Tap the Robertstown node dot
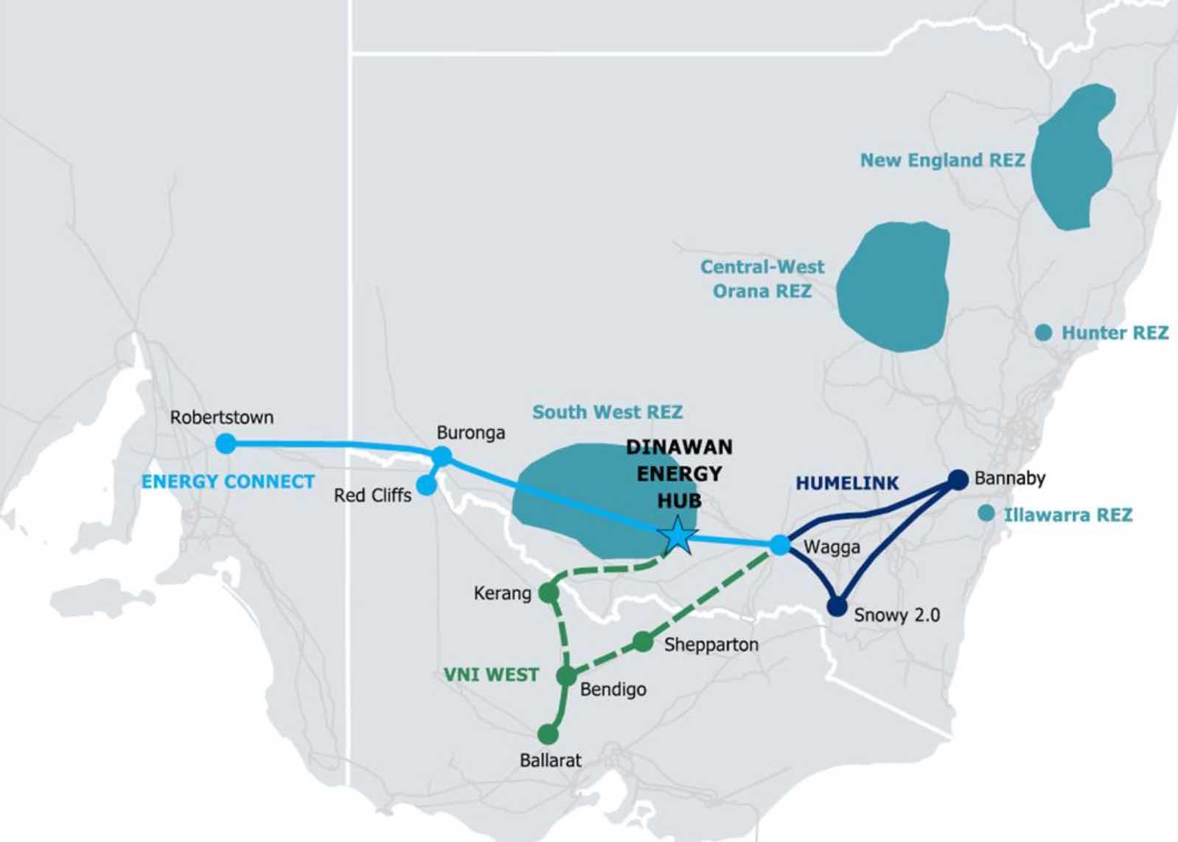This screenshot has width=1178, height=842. pos(226,444)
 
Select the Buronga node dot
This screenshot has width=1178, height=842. pos(441,456)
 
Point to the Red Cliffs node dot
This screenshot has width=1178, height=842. pos(426,485)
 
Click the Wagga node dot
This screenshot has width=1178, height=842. pos(779,545)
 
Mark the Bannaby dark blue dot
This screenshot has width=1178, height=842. pos(958,479)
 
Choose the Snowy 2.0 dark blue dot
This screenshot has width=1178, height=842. pos(837,606)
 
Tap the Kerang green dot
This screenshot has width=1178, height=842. pos(548,592)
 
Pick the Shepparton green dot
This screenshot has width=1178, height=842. pos(643,641)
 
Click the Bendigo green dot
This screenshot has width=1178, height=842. pos(566,675)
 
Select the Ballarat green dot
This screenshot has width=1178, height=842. pos(548,734)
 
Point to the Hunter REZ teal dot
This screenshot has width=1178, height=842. pos(1043,333)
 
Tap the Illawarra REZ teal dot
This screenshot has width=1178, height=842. pos(986,514)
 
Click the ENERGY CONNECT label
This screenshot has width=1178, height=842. pos(228,481)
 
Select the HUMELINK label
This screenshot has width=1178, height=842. pos(847,483)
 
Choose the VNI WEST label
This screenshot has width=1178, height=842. pos(492,675)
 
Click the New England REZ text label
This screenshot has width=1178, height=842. pos(942,160)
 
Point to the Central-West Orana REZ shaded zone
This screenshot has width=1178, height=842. pos(893,287)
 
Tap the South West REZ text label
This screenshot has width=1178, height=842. pos(607,411)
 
